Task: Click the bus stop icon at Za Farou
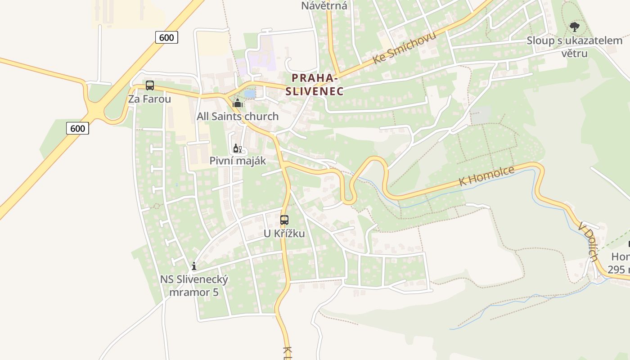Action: click(150, 85)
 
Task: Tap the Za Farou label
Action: click(149, 99)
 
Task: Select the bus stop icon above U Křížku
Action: click(284, 220)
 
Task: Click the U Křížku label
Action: click(284, 234)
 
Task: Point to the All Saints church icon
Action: click(237, 103)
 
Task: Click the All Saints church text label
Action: click(238, 117)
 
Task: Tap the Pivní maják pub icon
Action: click(237, 148)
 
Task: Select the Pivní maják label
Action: click(238, 161)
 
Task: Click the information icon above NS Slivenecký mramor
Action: click(194, 266)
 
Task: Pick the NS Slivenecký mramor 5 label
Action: click(194, 286)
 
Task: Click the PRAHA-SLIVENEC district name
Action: click(315, 85)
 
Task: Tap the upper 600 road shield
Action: click(166, 37)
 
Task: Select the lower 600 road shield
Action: click(77, 128)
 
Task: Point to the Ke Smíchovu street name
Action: click(404, 48)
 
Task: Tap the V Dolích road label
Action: click(589, 241)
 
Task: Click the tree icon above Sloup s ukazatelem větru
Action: click(575, 27)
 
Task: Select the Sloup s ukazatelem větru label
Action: click(574, 47)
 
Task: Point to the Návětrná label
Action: click(324, 6)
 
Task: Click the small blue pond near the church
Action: click(249, 94)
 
